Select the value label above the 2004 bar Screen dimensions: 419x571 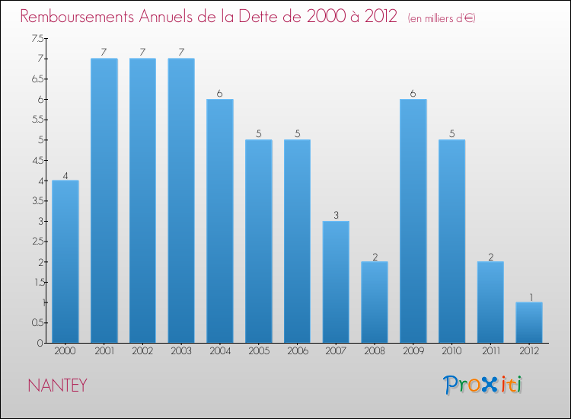220,94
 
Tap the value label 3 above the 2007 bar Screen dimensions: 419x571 336,216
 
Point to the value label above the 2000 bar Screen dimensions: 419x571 65,175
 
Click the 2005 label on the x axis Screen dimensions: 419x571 259,350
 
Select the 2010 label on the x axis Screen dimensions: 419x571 452,350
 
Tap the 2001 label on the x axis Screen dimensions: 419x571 104,350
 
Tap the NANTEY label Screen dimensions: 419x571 57,385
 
